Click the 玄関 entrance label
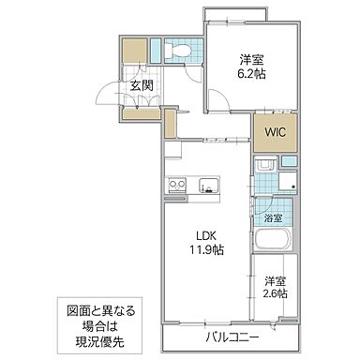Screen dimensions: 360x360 coord(142,87)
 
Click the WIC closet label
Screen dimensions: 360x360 coord(274,133)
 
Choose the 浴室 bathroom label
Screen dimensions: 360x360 coord(272,218)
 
